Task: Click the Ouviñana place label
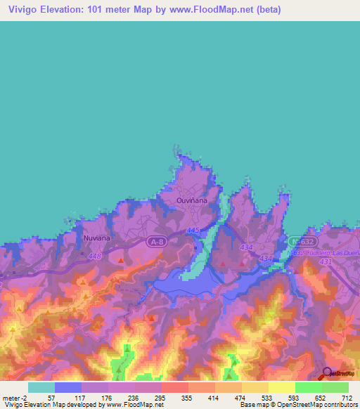(x=189, y=200)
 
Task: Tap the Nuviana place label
(x=97, y=238)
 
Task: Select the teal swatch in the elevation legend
(x=41, y=387)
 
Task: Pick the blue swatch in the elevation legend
(x=68, y=387)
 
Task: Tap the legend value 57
(x=50, y=398)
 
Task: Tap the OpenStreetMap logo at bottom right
(x=338, y=374)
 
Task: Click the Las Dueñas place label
(x=342, y=252)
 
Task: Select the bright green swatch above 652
(x=309, y=387)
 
